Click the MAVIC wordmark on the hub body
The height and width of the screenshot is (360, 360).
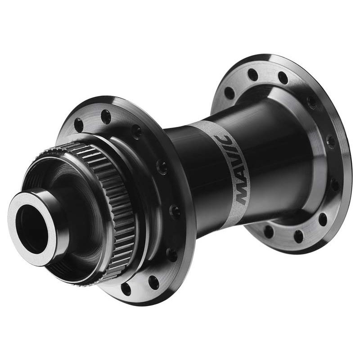click(232, 170)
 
